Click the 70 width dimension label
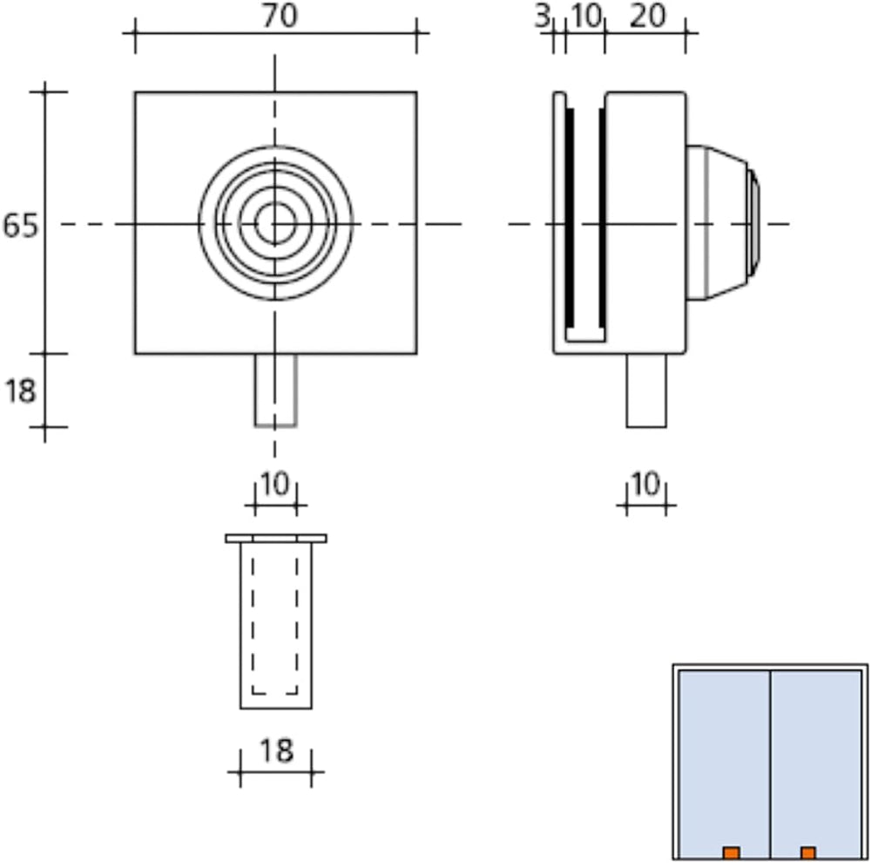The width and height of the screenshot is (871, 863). click(280, 16)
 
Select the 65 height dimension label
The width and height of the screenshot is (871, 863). click(21, 225)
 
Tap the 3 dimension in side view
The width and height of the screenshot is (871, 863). click(542, 17)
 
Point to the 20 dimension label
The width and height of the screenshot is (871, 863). click(647, 16)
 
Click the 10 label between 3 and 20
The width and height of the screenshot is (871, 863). click(586, 16)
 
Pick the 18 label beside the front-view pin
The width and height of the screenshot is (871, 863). click(21, 391)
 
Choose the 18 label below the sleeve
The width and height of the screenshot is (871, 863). click(276, 751)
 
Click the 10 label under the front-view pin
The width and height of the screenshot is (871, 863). click(275, 484)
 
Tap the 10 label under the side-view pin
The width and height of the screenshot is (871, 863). click(645, 484)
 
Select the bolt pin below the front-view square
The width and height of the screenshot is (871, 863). click(275, 391)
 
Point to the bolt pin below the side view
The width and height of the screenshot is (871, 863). click(646, 391)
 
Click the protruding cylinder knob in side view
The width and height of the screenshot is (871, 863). click(723, 223)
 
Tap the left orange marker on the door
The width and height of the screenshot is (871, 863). click(731, 853)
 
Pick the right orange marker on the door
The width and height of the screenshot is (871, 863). click(808, 853)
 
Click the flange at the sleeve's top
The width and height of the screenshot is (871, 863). click(276, 538)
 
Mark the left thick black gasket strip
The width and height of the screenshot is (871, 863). click(570, 217)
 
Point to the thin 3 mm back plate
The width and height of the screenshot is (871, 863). click(559, 222)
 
